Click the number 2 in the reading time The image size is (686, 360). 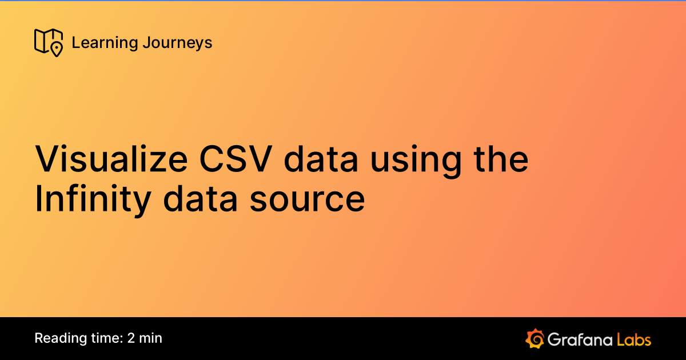[x=131, y=338]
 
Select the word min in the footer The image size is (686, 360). [x=151, y=338]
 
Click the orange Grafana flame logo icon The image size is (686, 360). [x=535, y=339]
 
